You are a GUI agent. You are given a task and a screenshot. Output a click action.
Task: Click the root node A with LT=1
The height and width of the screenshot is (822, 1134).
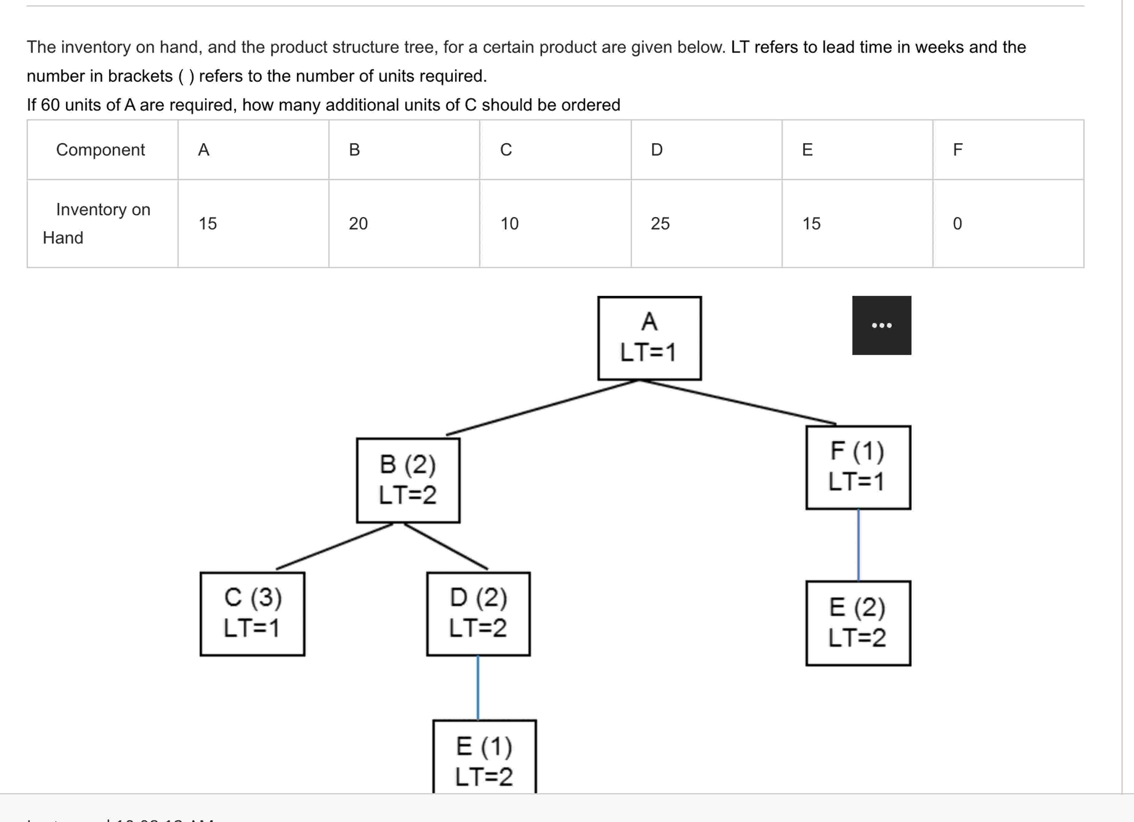coord(649,338)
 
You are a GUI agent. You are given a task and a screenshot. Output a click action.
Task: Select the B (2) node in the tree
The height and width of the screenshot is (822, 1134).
coord(408,480)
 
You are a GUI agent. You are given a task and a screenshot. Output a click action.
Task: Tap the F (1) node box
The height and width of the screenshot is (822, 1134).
coord(858,467)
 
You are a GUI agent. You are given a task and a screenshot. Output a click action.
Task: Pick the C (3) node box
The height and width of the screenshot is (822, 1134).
coord(252,614)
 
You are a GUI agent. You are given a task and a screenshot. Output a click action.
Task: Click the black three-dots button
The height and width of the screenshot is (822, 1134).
coord(882,325)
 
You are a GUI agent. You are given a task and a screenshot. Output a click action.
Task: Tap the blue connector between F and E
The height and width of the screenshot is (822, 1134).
coord(858,545)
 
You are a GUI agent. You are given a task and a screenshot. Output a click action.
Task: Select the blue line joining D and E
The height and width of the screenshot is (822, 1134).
coord(478,688)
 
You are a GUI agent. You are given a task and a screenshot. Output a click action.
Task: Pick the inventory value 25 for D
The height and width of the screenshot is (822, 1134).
coord(660,223)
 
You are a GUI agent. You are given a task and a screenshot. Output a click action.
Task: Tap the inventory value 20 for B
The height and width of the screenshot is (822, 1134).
coord(358,223)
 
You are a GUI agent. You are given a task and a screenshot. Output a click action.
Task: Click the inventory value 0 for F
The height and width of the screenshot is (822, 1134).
coord(957,223)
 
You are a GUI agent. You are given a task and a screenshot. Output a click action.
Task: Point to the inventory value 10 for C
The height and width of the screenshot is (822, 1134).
coord(510,223)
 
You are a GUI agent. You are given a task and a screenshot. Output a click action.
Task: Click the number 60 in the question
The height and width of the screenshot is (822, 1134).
coord(50,105)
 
